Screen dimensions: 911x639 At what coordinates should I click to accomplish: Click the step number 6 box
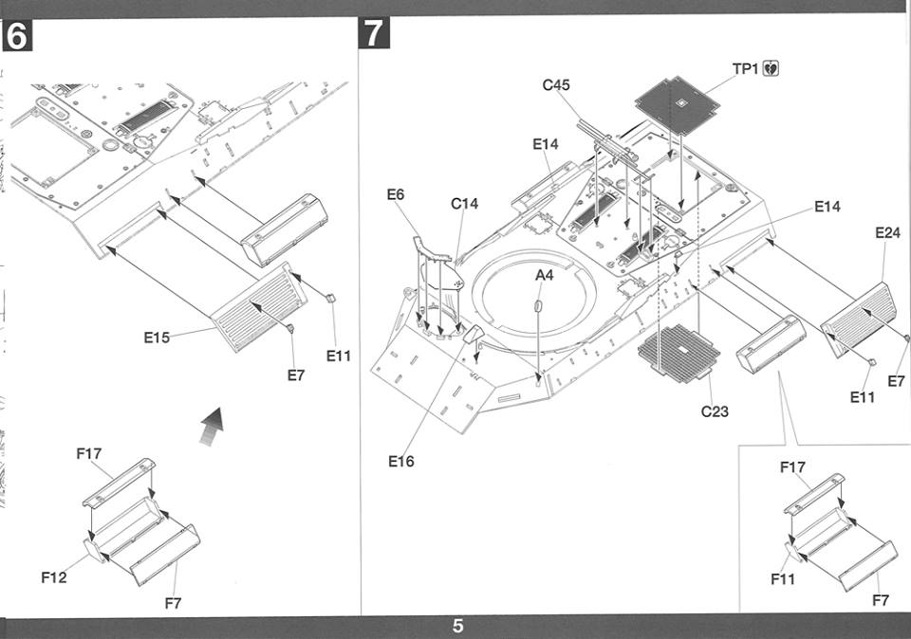click(x=17, y=35)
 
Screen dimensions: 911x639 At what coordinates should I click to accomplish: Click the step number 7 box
click(x=375, y=33)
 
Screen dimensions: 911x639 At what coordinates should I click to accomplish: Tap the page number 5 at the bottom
click(x=457, y=627)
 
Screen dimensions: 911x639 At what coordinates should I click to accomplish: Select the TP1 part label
click(x=746, y=69)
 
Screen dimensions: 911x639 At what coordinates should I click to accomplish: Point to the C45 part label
click(x=556, y=85)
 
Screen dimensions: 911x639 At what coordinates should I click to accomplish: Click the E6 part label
click(x=395, y=194)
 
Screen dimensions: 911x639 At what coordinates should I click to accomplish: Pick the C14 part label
click(x=464, y=204)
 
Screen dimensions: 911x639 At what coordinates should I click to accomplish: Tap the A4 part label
click(x=544, y=275)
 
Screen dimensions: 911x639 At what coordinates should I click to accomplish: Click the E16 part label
click(x=400, y=462)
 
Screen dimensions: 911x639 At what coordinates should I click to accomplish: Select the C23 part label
click(x=715, y=411)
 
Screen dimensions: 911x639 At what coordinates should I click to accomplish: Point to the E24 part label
click(x=887, y=232)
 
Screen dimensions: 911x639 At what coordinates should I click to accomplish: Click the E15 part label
click(x=157, y=338)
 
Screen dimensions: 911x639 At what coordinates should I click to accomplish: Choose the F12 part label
click(x=53, y=577)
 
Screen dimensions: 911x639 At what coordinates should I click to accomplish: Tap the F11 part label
click(x=783, y=578)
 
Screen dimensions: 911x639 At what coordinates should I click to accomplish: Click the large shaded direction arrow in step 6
click(x=212, y=427)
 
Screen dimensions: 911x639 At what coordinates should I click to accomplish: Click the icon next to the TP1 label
click(x=771, y=68)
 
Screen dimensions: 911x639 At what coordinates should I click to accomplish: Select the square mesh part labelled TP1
click(x=678, y=105)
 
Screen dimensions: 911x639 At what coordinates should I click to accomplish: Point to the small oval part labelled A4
click(x=538, y=305)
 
